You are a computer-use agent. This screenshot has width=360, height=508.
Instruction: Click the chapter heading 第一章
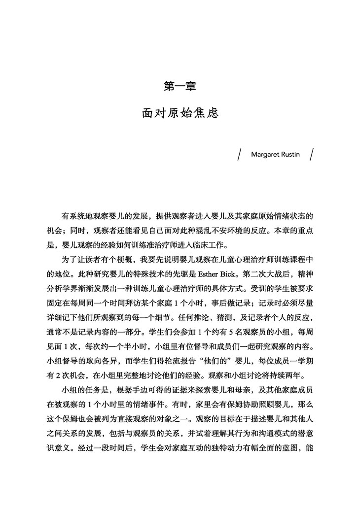click(x=180, y=86)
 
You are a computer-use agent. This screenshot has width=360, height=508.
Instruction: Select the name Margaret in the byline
click(x=267, y=154)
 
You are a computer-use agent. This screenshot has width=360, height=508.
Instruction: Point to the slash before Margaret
click(x=239, y=154)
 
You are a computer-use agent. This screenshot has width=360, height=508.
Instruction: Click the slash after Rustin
click(x=312, y=154)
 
